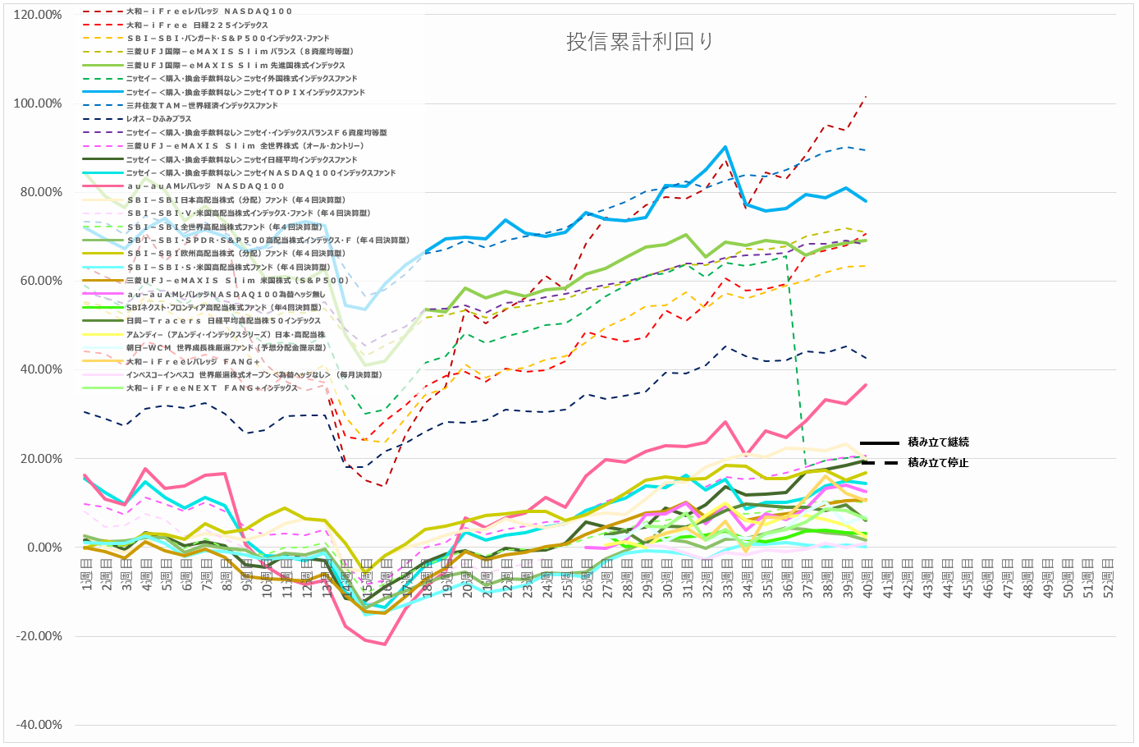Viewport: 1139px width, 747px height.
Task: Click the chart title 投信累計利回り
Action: [639, 42]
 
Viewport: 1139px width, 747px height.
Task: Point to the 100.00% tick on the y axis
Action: [38, 103]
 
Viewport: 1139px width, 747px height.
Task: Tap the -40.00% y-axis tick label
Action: [38, 725]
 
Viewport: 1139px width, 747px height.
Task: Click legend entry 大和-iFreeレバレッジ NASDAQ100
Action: [208, 11]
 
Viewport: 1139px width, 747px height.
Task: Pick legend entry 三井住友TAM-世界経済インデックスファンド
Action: [202, 106]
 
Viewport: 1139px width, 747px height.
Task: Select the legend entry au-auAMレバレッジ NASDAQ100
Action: [205, 186]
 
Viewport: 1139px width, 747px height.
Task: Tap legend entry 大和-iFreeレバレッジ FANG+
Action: [193, 361]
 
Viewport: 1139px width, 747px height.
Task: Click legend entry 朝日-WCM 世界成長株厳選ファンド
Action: [225, 348]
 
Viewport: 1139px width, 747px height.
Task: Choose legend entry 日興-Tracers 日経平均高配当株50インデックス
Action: [223, 321]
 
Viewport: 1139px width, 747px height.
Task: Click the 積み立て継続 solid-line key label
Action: [938, 442]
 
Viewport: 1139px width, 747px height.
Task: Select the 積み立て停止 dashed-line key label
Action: [938, 463]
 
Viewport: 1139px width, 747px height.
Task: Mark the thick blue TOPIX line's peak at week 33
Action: [725, 148]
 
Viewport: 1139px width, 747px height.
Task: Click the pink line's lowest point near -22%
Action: [385, 644]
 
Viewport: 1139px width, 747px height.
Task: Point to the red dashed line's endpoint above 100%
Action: [866, 97]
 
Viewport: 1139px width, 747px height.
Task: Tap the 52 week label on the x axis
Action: [1107, 580]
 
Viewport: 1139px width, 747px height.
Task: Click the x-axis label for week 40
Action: [867, 580]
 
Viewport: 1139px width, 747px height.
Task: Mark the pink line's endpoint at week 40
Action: [866, 385]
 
